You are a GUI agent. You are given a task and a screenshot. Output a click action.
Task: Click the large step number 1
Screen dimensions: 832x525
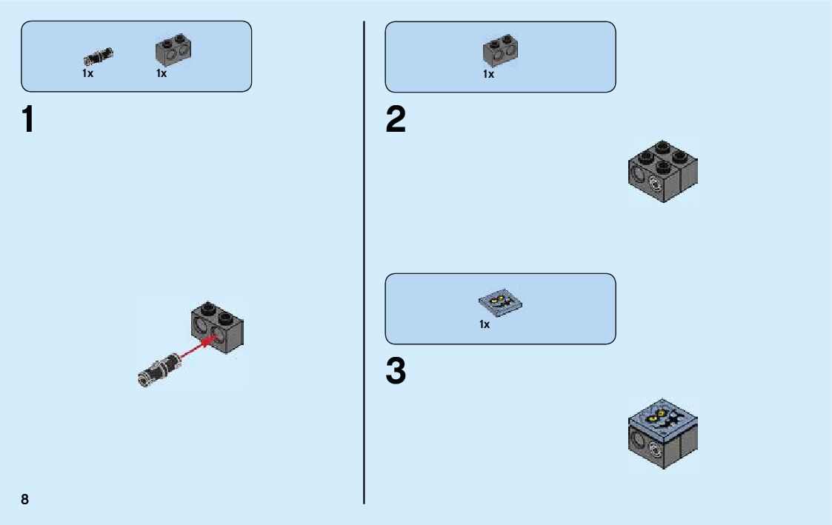coord(28,120)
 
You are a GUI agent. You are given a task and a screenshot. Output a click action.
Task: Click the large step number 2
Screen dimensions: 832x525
coord(396,120)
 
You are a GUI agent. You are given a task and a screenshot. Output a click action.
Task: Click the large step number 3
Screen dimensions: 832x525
coord(396,372)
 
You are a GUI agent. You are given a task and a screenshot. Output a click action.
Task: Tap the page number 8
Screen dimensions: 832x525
coord(25,499)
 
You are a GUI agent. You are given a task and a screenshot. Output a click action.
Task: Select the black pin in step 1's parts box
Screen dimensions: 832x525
coord(98,56)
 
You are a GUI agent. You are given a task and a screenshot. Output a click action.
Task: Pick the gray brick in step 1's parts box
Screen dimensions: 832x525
coord(171,50)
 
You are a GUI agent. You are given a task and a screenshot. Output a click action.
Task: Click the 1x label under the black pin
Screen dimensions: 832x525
coord(87,73)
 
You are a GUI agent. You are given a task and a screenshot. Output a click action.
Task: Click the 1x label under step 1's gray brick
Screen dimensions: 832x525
coord(161,73)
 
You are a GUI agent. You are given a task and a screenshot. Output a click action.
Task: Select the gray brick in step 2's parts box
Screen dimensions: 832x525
coord(500,50)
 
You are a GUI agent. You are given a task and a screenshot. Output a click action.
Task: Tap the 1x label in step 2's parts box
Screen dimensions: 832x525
coord(488,74)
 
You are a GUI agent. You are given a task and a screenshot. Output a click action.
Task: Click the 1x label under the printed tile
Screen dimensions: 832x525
coord(485,324)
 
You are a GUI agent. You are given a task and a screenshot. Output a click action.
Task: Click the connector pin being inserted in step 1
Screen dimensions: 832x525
coord(159,368)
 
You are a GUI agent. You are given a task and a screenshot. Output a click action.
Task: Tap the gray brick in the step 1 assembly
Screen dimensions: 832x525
coord(218,327)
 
